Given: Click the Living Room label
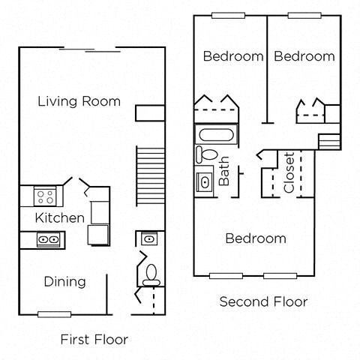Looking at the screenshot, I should coord(79,101).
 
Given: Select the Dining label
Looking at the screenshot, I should coord(64,281).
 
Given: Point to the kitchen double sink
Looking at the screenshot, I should coord(49,239).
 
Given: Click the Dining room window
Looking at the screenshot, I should coord(54,313).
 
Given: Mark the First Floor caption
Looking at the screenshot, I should coord(94,339).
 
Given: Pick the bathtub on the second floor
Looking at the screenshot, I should coord(217,135).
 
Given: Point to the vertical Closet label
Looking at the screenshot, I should coord(289,173).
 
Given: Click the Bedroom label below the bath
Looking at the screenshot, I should coord(256,238).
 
